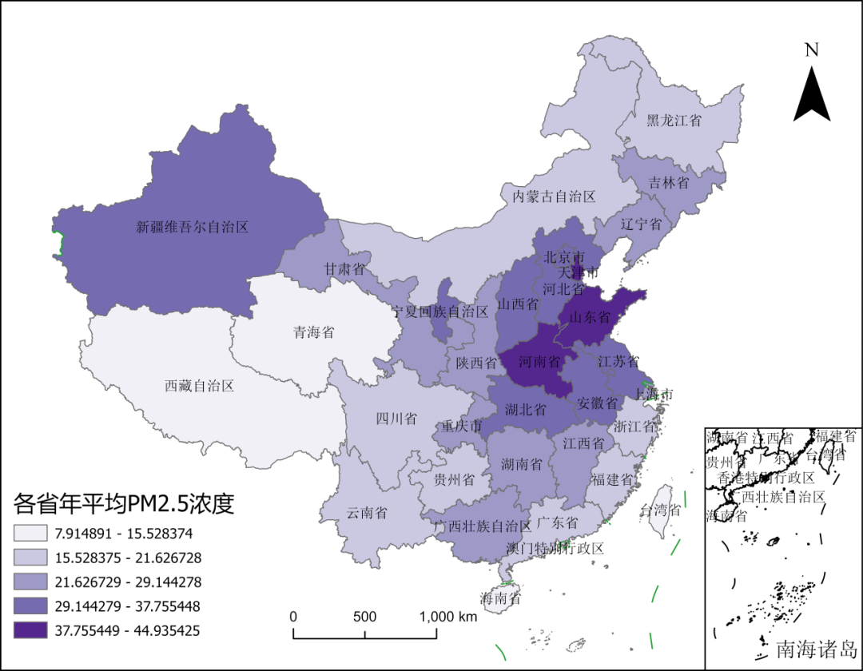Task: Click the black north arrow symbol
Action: point(812,96)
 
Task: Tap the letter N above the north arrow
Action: point(812,50)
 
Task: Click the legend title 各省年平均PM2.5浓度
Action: point(124,503)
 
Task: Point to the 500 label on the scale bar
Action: point(364,617)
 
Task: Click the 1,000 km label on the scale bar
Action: point(447,617)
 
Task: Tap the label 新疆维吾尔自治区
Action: point(193,227)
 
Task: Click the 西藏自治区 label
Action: point(199,386)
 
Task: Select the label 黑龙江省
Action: point(674,121)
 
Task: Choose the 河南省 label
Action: point(539,362)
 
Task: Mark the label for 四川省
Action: point(396,419)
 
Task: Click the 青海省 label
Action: point(314,332)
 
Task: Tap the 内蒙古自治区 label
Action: point(554,196)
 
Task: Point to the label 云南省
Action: point(367,513)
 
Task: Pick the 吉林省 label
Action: point(669,183)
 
